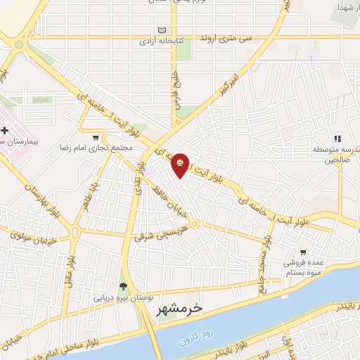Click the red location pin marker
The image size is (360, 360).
coord(181,164)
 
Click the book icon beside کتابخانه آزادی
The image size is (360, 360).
coord(163,31)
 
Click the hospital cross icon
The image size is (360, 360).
coord(5,131)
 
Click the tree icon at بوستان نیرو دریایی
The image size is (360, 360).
coord(124,285)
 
